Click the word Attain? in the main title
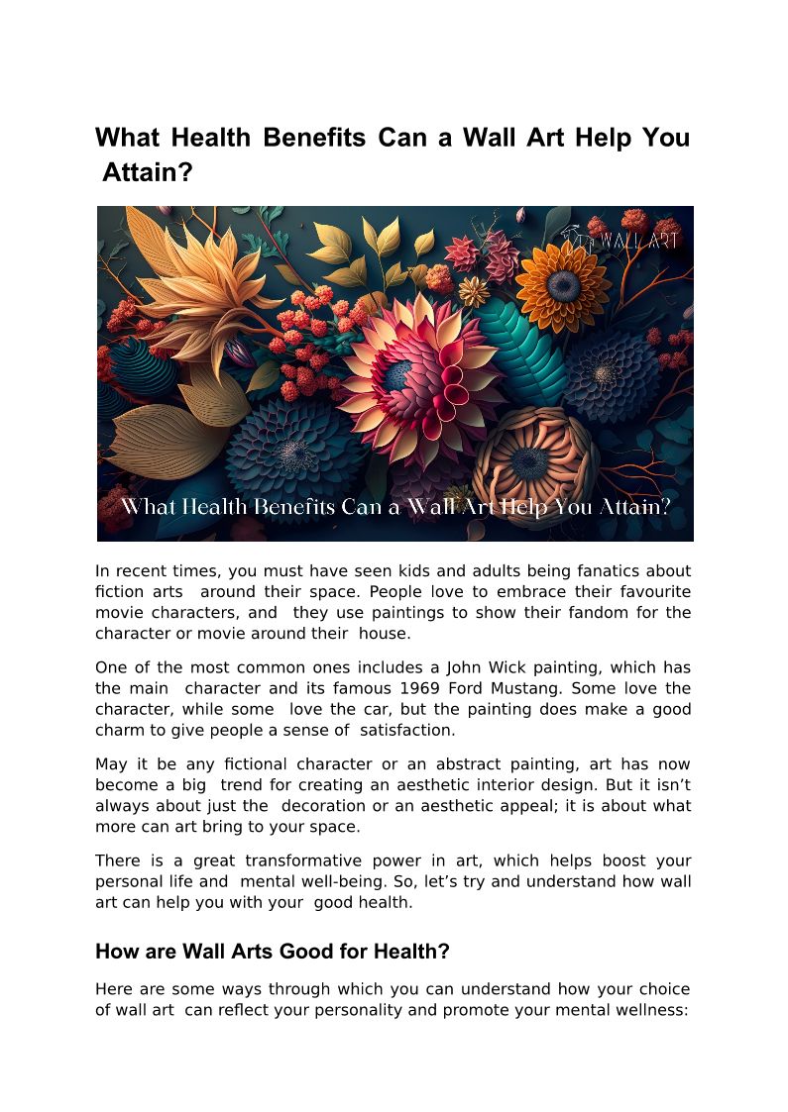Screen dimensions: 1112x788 tap(148, 172)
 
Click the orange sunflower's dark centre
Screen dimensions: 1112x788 tap(562, 286)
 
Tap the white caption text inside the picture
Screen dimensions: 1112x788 tap(395, 507)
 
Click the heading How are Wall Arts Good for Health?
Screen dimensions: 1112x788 tap(273, 952)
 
